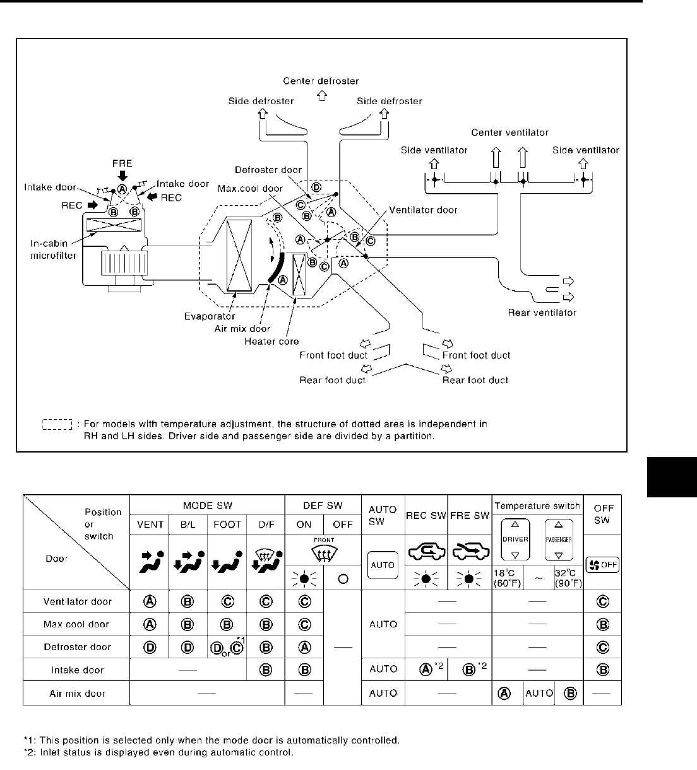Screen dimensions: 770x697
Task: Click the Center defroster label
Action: [x=321, y=81]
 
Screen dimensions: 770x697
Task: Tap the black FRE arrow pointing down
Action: [x=122, y=174]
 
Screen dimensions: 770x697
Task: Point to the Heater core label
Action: [x=271, y=341]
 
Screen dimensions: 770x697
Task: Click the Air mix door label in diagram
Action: [x=242, y=329]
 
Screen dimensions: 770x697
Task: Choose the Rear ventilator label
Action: [x=542, y=312]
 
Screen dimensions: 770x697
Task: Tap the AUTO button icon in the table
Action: [x=383, y=565]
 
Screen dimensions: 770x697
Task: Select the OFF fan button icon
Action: [x=603, y=565]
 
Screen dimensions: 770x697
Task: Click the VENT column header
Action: [x=150, y=524]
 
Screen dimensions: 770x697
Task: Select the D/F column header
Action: [x=266, y=524]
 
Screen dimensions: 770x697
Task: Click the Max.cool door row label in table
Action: [x=76, y=624]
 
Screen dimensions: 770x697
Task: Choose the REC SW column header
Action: [x=426, y=516]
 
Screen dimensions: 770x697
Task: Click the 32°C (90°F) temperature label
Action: [x=568, y=579]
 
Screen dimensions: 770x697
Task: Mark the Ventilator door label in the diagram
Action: [x=423, y=210]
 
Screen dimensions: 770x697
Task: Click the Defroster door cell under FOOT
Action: [x=227, y=648]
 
